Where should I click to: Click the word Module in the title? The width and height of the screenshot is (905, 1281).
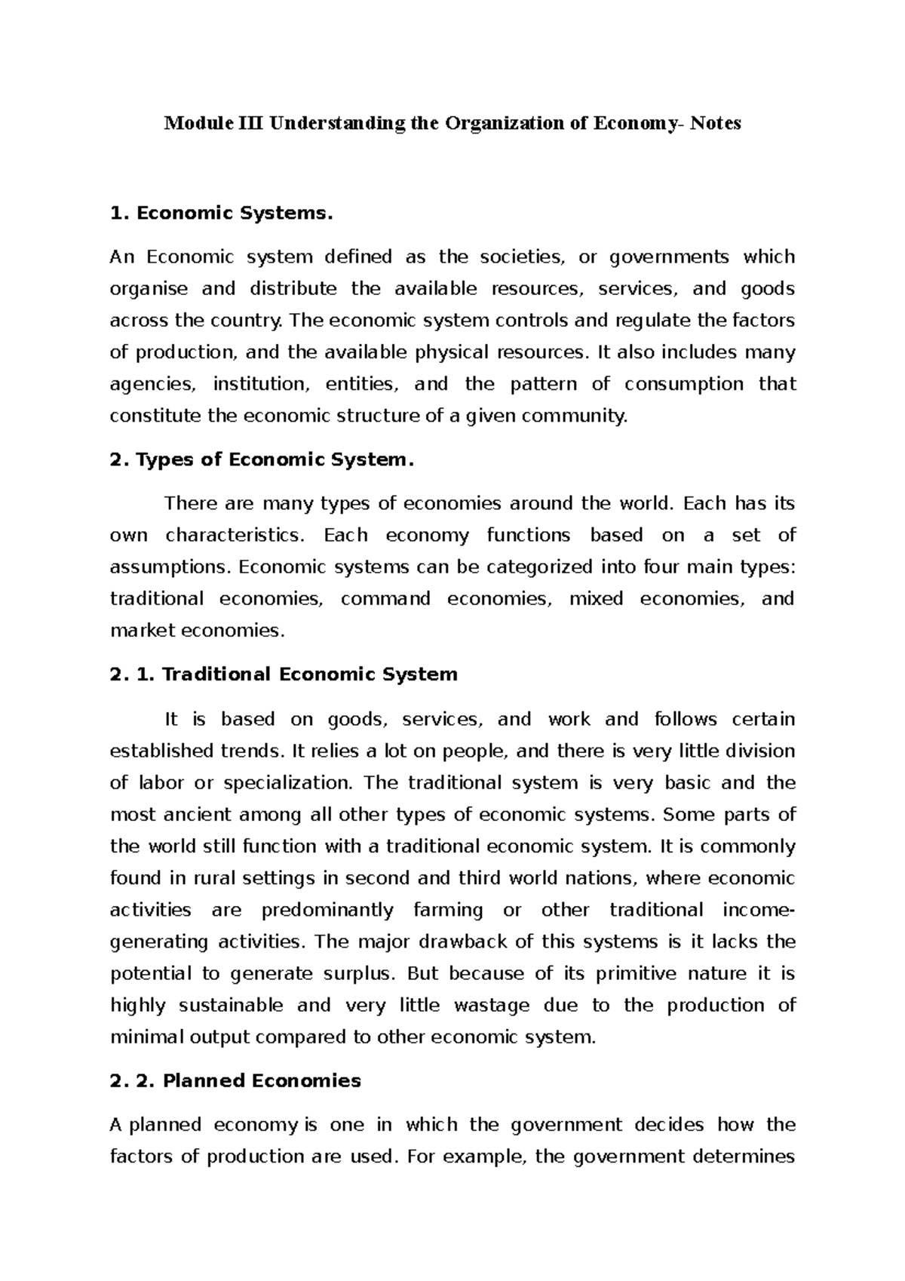tap(189, 124)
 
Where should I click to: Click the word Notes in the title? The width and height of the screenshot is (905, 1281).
tap(713, 124)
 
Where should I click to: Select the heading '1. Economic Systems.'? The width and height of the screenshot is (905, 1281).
tap(220, 213)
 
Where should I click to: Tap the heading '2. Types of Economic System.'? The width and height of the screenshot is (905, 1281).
tap(262, 460)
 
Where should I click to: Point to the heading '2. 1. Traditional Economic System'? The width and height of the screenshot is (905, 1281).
tap(284, 674)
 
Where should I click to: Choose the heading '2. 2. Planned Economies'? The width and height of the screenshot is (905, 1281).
tap(235, 1081)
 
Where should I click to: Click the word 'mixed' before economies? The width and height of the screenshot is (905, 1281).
tap(596, 599)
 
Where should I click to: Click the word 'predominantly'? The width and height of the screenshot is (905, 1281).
tap(327, 911)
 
